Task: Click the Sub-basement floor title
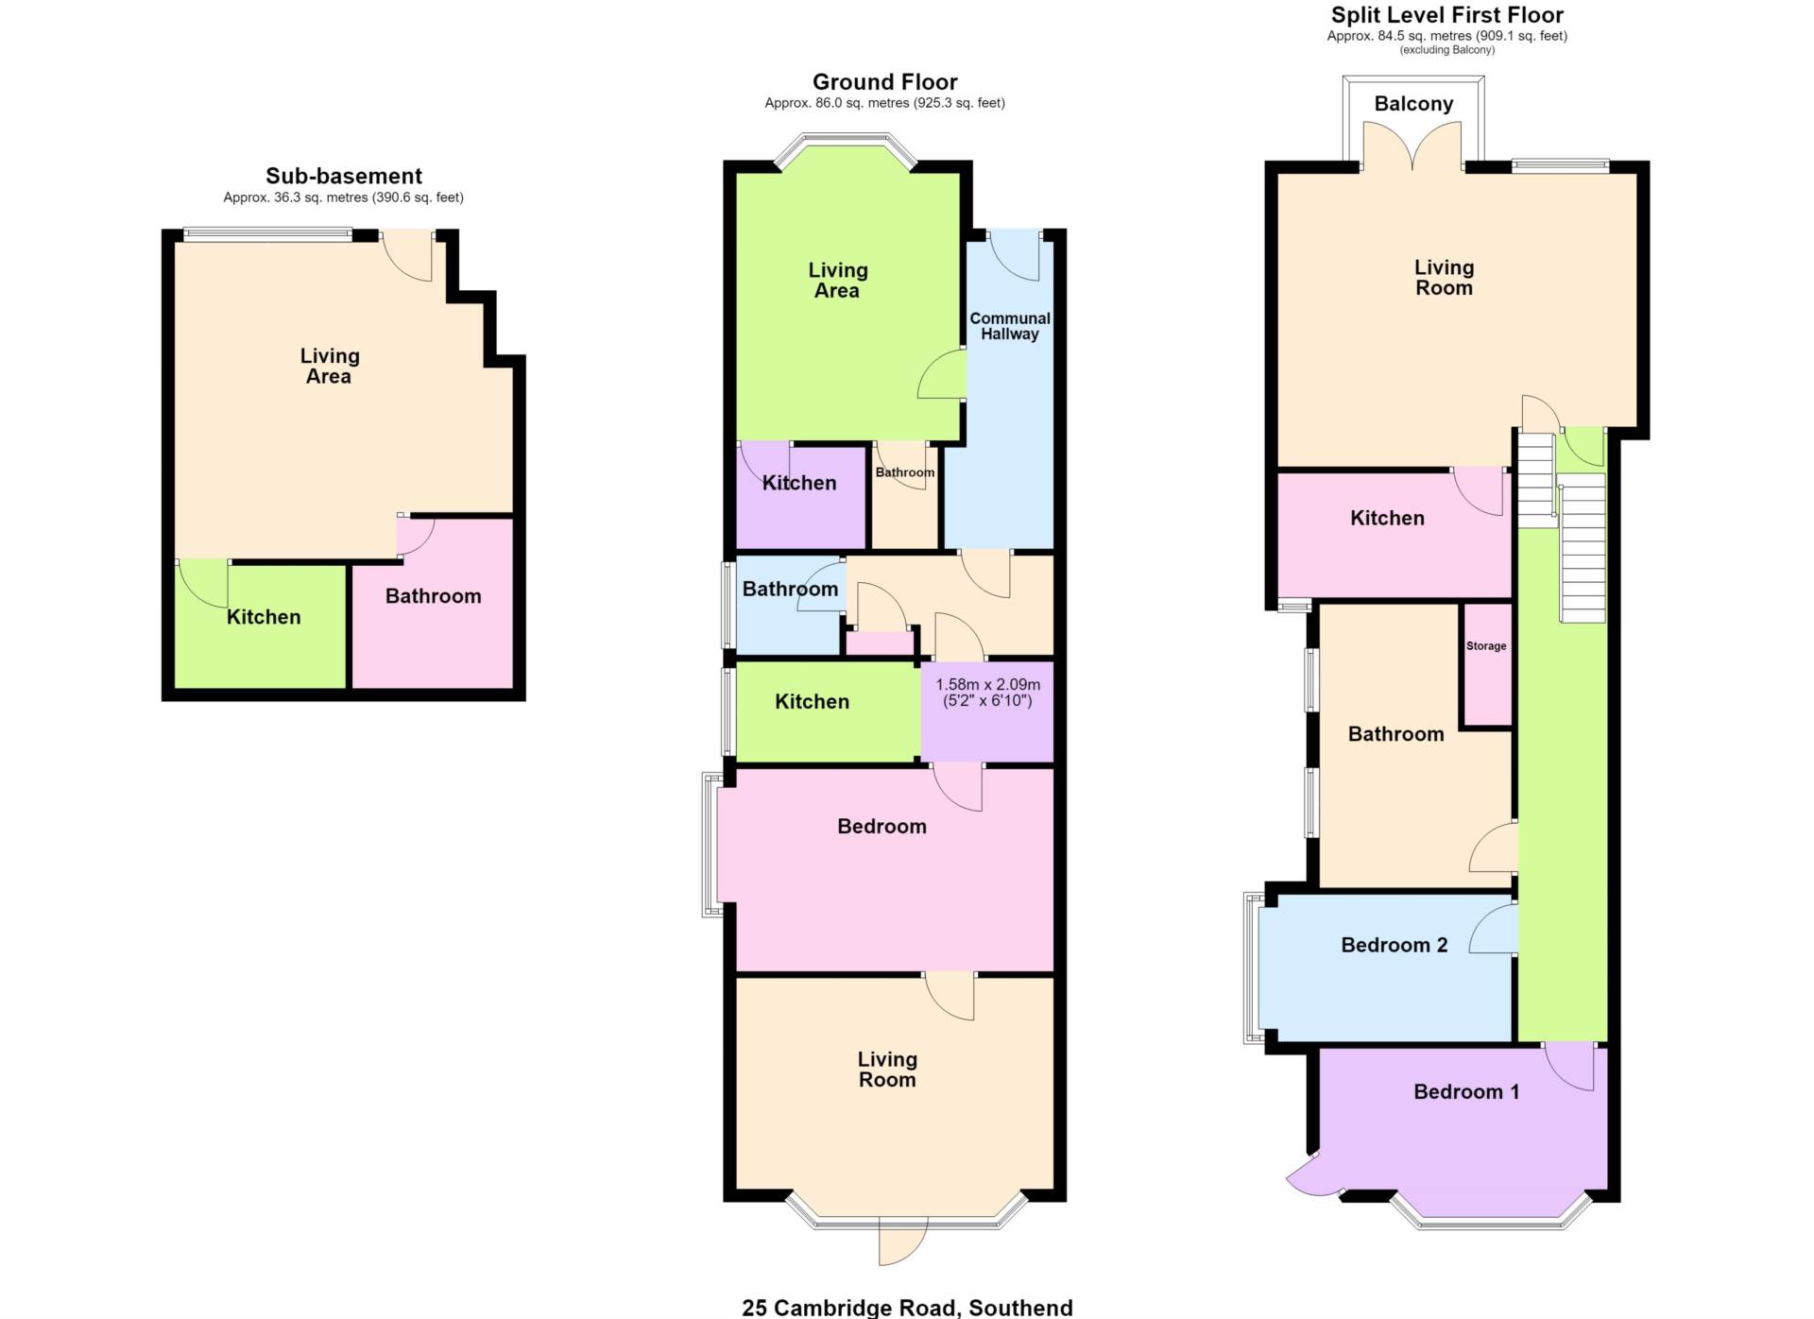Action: (344, 176)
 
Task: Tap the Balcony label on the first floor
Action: (1413, 104)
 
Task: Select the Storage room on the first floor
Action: (1487, 665)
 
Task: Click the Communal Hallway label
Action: (1010, 326)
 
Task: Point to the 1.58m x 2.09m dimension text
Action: (987, 693)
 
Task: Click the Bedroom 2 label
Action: (1395, 945)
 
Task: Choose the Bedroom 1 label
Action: (1466, 1091)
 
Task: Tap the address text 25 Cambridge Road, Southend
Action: (907, 1308)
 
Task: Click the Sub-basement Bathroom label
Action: (434, 596)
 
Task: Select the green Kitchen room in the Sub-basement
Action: (261, 625)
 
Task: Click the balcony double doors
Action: (1413, 146)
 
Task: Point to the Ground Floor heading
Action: (885, 82)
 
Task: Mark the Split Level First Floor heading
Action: (1447, 15)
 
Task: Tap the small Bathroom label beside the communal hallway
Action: (905, 472)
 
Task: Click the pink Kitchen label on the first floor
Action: (1387, 518)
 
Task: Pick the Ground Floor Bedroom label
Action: (881, 827)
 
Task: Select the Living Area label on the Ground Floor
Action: (838, 281)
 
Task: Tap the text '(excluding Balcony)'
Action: (1447, 50)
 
